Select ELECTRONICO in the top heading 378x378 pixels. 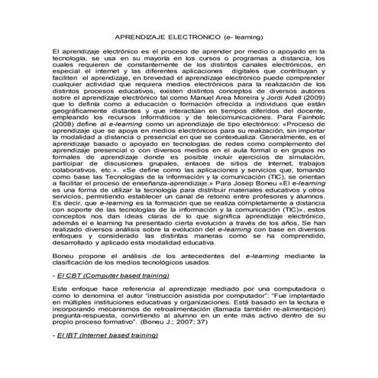(199, 37)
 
